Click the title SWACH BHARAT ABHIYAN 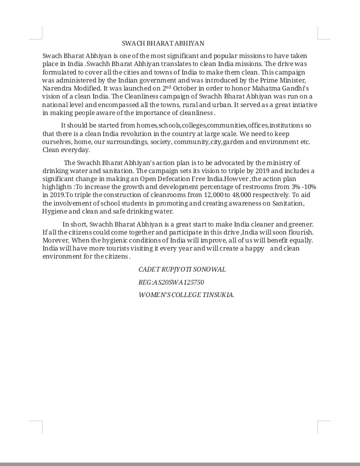click(x=163, y=43)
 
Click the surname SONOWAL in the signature click(x=208, y=269)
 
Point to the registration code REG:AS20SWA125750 click(x=171, y=282)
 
